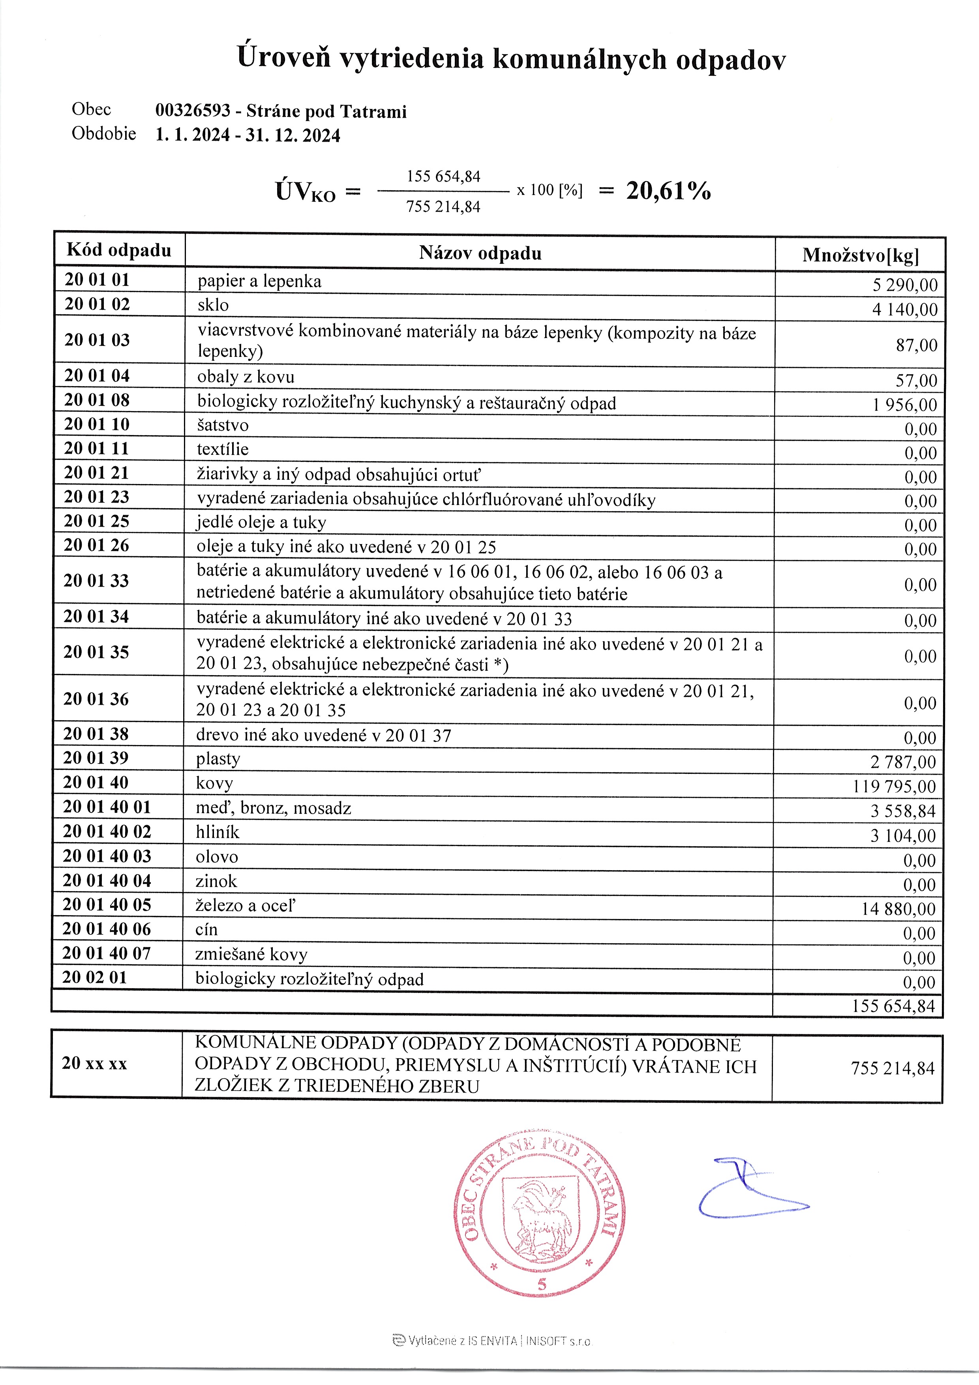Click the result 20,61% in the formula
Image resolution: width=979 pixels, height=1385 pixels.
[x=668, y=191]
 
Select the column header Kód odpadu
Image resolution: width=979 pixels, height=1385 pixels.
[x=119, y=250]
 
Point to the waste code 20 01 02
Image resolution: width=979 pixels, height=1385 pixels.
[x=97, y=304]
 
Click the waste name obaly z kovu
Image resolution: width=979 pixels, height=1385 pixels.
[x=246, y=377]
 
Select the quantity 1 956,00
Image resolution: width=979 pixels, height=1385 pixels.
[x=904, y=405]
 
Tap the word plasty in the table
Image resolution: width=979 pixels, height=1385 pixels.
[x=218, y=759]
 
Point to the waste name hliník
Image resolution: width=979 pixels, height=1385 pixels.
[x=217, y=832]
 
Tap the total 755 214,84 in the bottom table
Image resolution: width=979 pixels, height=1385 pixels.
[x=892, y=1068]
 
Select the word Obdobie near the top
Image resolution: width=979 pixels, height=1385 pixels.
[x=104, y=133]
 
